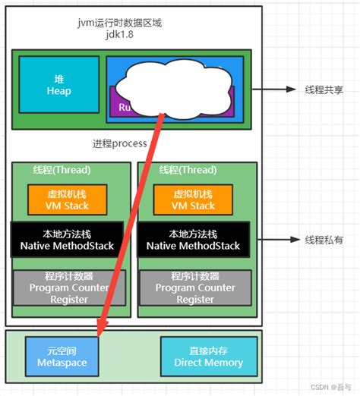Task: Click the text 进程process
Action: pyautogui.click(x=119, y=143)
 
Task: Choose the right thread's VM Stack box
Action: pyautogui.click(x=193, y=199)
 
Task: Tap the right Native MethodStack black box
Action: pyautogui.click(x=193, y=240)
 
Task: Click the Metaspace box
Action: pyautogui.click(x=62, y=357)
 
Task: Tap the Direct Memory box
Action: pyautogui.click(x=203, y=357)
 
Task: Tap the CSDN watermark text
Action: pyautogui.click(x=333, y=386)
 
